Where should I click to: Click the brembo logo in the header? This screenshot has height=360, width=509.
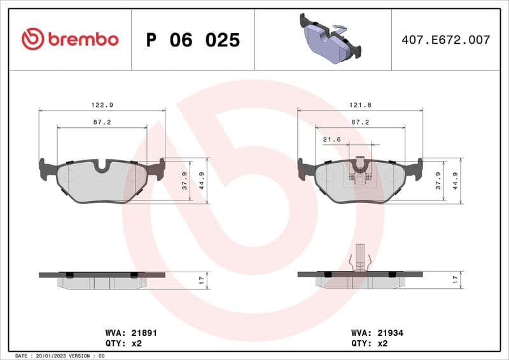click(70, 39)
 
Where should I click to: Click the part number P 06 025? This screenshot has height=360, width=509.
click(193, 40)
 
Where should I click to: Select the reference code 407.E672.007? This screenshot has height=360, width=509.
click(446, 40)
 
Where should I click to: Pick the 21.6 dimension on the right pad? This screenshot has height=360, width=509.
click(331, 139)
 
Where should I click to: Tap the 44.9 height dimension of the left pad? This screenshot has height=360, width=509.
click(203, 181)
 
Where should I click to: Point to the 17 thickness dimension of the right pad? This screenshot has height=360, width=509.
click(455, 279)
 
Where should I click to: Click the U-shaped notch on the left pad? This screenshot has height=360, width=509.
click(102, 166)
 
